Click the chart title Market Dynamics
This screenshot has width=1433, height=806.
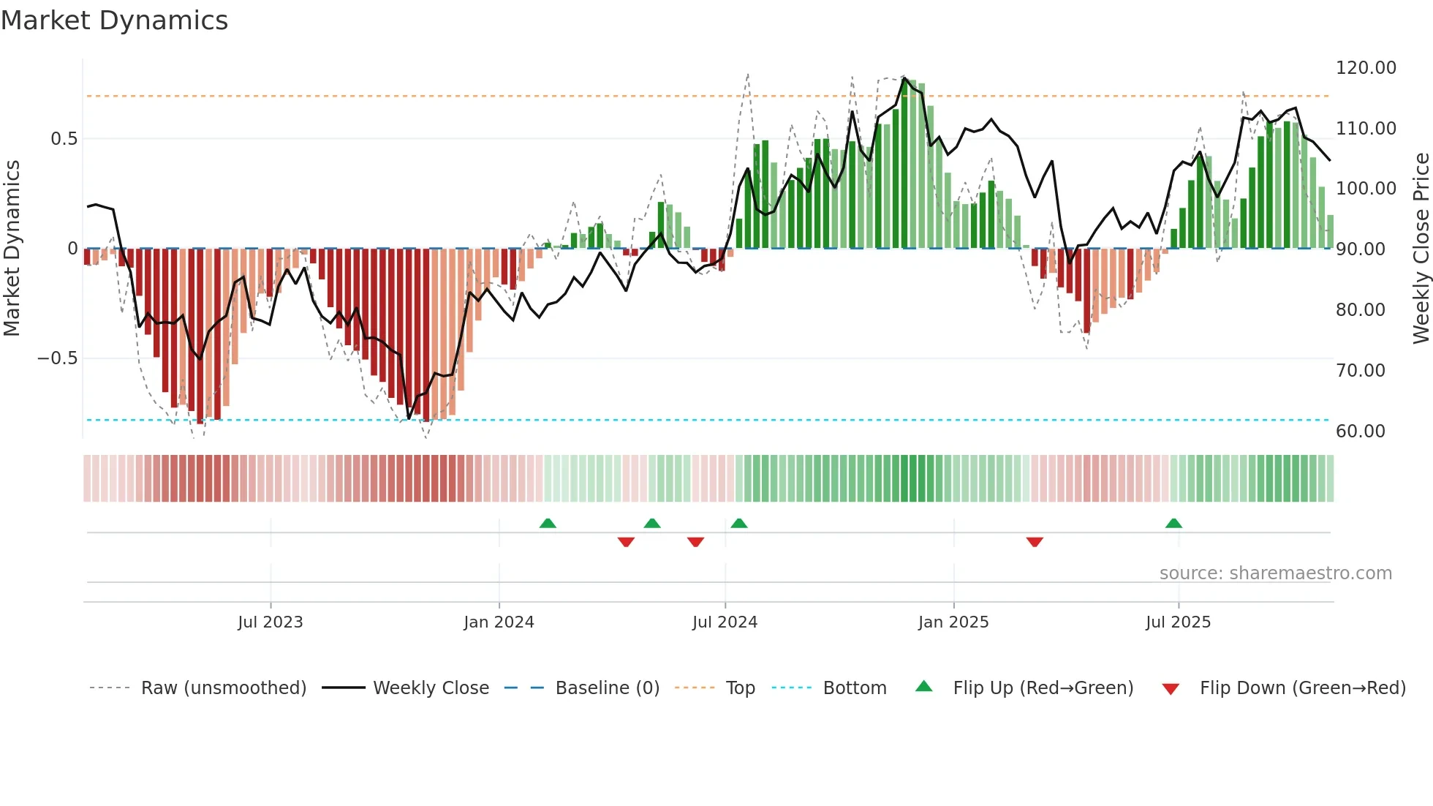tap(114, 20)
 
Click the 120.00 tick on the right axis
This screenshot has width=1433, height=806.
tap(1366, 68)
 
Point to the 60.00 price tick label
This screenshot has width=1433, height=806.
tap(1360, 432)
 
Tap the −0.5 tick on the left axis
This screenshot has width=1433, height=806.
tap(57, 358)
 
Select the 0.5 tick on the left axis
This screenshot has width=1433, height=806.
tap(64, 139)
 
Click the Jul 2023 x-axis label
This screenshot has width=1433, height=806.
tap(270, 622)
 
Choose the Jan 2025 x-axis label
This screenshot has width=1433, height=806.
tap(953, 622)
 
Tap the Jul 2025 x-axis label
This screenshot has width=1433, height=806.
tap(1178, 622)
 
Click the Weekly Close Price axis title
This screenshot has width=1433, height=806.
tap(1421, 249)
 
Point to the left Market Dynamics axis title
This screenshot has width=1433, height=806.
tap(12, 249)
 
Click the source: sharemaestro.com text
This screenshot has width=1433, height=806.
tap(1275, 573)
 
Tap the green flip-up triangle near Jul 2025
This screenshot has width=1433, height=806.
tap(1173, 524)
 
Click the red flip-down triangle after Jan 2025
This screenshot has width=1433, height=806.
tap(1034, 542)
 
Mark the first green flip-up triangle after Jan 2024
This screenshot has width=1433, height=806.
tap(548, 524)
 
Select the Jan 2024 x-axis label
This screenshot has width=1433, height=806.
tap(499, 622)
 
